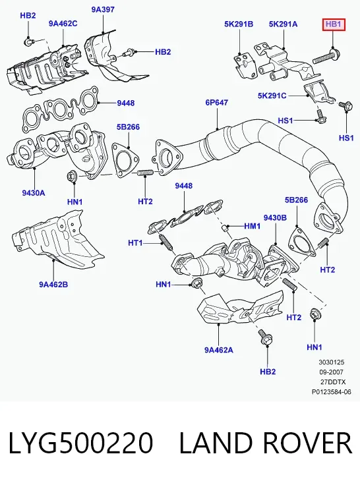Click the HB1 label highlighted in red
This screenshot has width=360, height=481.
tap(334, 24)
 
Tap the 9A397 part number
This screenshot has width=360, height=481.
tap(103, 9)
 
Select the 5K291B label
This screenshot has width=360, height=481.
tap(239, 24)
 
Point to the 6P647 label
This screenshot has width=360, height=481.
tap(217, 102)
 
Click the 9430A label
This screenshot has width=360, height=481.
tap(34, 192)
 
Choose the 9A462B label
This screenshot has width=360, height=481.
tap(53, 285)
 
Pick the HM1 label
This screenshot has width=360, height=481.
tap(253, 226)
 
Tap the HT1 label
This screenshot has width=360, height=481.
tap(135, 243)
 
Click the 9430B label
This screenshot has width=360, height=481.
tap(275, 217)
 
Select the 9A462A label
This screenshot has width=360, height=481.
tap(219, 349)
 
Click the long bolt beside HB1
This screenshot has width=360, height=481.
tap(326, 56)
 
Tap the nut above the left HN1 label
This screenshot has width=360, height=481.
tap(72, 177)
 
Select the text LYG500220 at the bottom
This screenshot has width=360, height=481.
tap(80, 443)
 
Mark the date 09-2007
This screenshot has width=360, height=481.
tap(332, 372)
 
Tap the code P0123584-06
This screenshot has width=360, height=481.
tap(332, 392)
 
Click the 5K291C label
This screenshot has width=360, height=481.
tap(272, 96)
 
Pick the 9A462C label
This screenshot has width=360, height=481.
tap(63, 23)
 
